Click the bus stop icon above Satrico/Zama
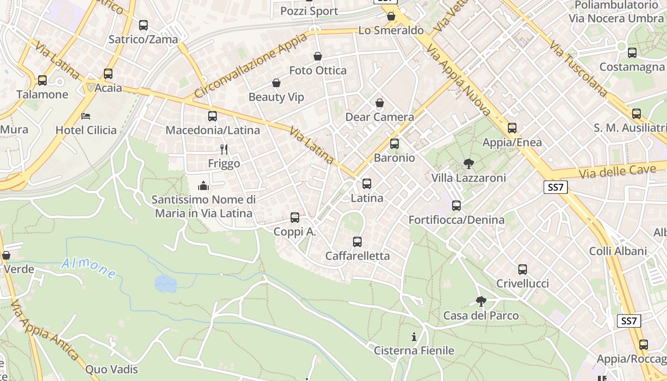(x=143, y=25)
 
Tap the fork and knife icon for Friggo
(x=224, y=150)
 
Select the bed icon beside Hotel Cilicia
(x=86, y=116)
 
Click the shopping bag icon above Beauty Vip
(x=276, y=83)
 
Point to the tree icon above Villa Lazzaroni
(x=468, y=164)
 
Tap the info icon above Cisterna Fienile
(x=414, y=337)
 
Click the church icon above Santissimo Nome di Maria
(x=203, y=185)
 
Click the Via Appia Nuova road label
(x=458, y=80)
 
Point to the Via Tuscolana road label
(x=578, y=68)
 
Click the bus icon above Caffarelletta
(x=357, y=242)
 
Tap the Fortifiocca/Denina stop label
(x=456, y=220)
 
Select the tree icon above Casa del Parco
(x=481, y=301)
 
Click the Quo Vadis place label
(x=111, y=369)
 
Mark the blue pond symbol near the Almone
(x=165, y=283)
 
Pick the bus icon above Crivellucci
(x=523, y=270)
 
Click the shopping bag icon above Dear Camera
(x=380, y=103)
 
